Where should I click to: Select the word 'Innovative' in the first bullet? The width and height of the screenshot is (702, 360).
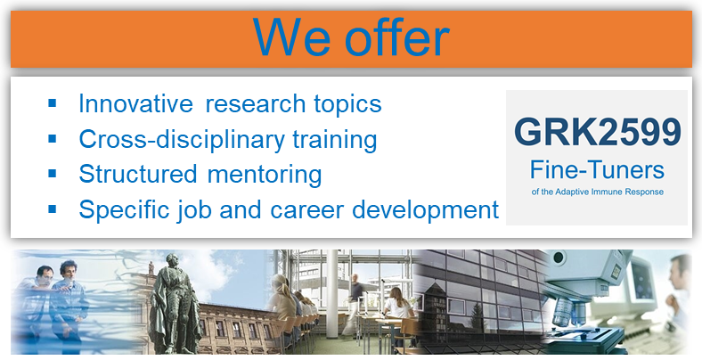point(135,103)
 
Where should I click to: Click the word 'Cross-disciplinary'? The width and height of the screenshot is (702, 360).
point(182,139)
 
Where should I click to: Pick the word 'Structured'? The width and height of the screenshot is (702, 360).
point(138,173)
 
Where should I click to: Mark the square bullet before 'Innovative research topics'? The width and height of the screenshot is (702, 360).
point(53,103)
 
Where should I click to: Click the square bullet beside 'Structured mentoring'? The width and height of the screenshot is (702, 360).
point(53,173)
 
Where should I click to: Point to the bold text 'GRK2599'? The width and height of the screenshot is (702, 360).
point(598,132)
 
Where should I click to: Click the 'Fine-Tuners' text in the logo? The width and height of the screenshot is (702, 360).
point(597,170)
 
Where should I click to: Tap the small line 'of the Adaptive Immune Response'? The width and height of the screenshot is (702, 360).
point(597,192)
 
